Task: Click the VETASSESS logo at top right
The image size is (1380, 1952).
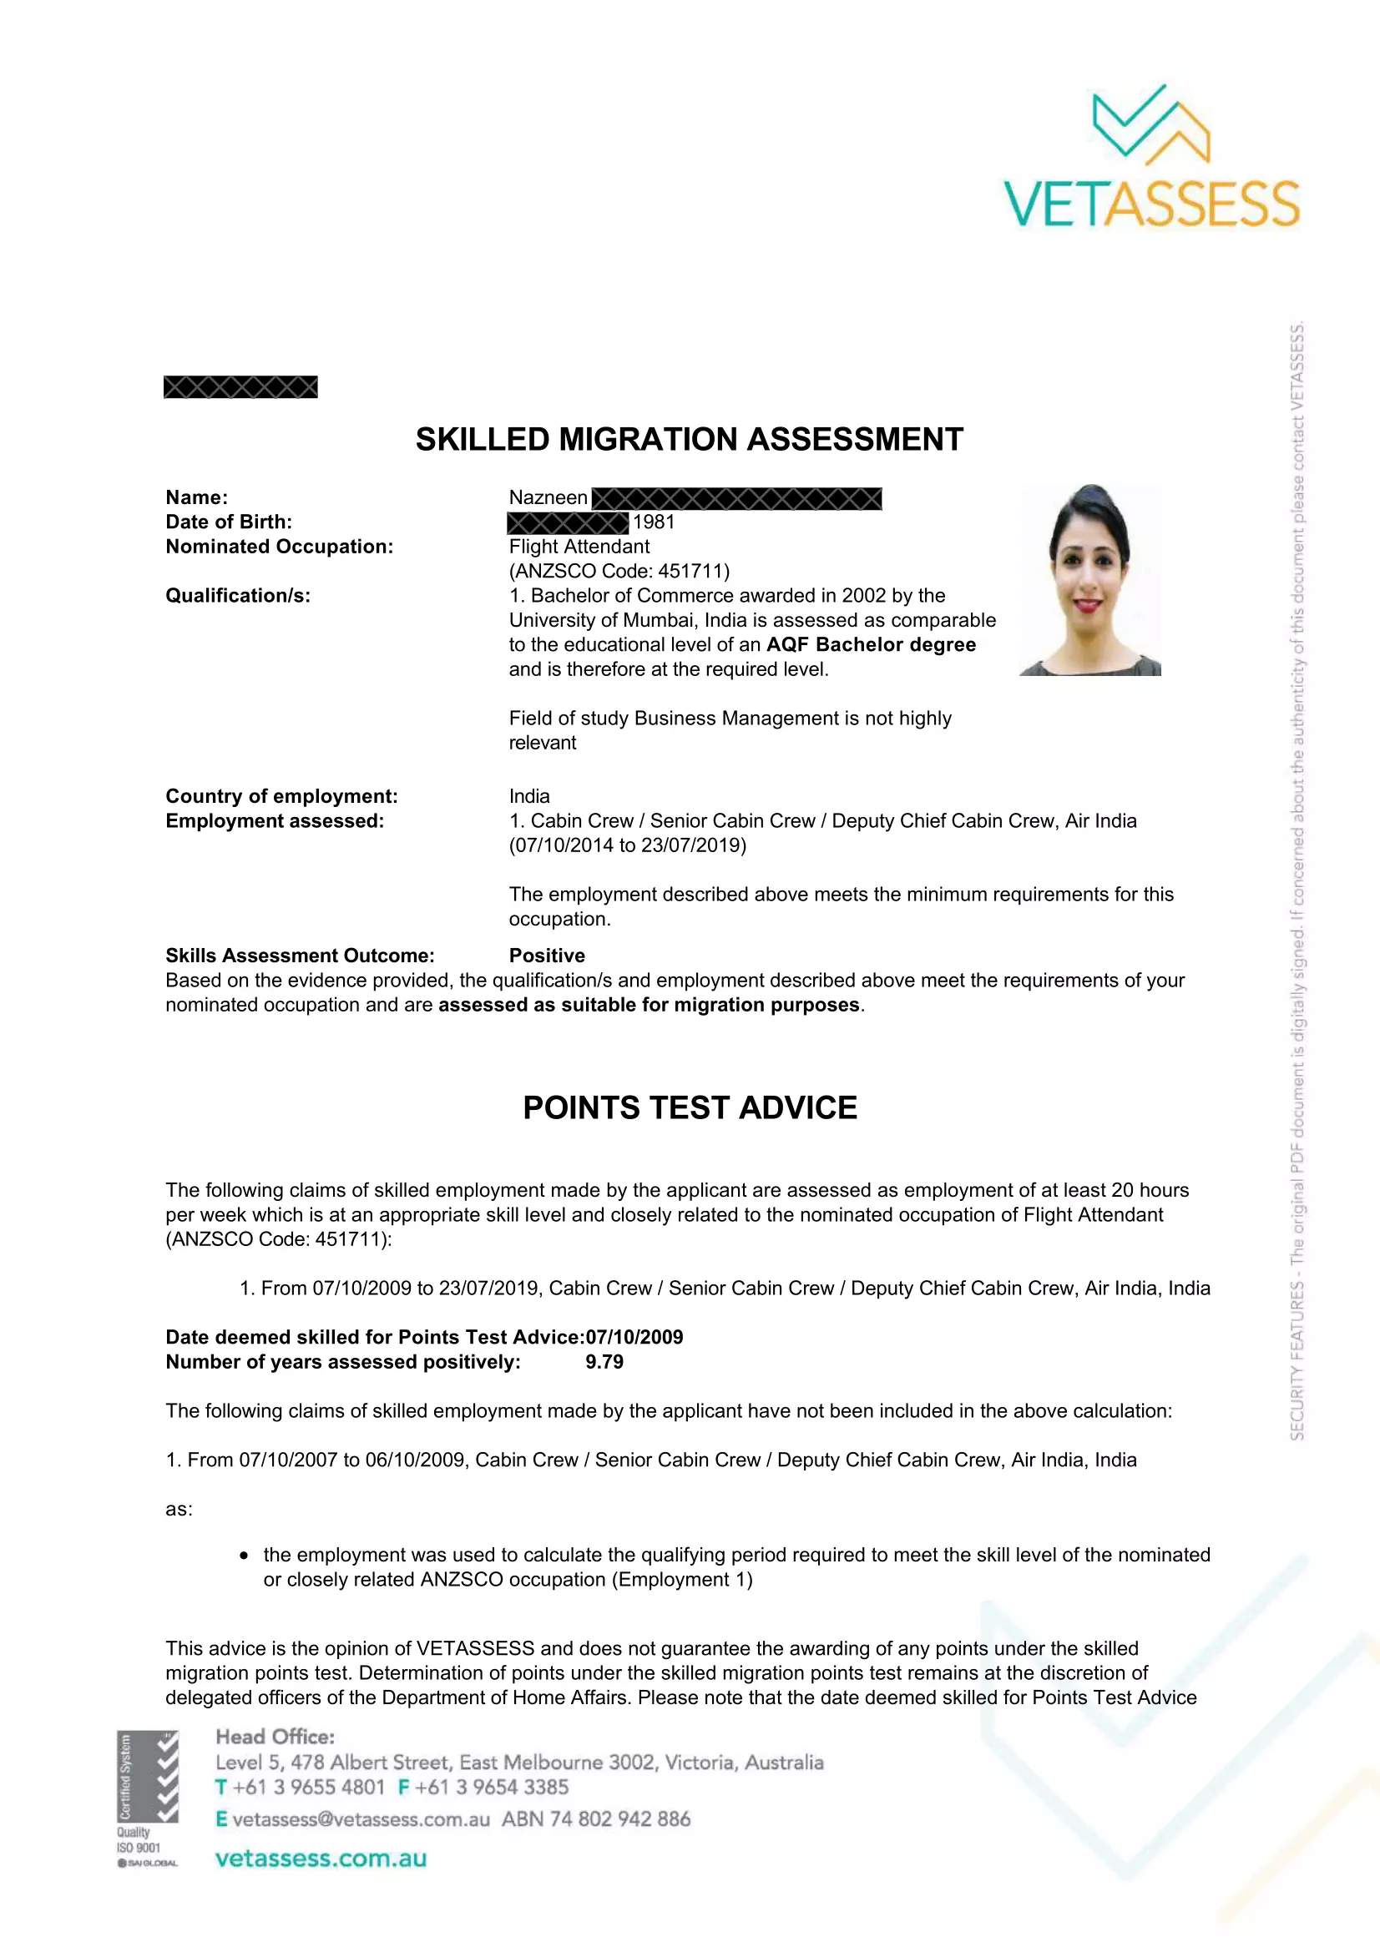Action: tap(1152, 158)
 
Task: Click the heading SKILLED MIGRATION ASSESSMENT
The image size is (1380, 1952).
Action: tap(689, 440)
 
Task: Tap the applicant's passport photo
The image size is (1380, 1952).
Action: tap(1090, 580)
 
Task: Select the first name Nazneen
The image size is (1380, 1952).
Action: tap(548, 497)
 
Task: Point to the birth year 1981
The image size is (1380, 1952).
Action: tap(653, 522)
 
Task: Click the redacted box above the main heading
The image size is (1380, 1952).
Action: tap(240, 387)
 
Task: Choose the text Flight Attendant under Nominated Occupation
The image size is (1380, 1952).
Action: tap(579, 547)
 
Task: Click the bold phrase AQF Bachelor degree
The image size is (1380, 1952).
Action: tap(871, 644)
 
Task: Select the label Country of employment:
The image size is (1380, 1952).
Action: tap(281, 796)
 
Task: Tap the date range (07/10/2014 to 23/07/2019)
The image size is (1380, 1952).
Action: tap(628, 845)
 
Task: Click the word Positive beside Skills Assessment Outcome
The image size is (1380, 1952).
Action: tap(547, 956)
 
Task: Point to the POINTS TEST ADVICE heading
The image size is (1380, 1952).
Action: tap(690, 1107)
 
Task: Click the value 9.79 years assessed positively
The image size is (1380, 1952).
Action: tap(604, 1362)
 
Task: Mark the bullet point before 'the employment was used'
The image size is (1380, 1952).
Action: tap(244, 1556)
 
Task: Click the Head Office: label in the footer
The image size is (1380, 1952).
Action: tap(275, 1736)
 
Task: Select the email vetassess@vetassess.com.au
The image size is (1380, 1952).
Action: tap(361, 1818)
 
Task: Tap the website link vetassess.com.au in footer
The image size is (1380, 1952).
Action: tap(321, 1858)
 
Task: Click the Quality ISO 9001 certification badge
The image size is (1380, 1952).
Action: tap(148, 1798)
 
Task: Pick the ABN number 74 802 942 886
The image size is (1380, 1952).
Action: tap(596, 1818)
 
